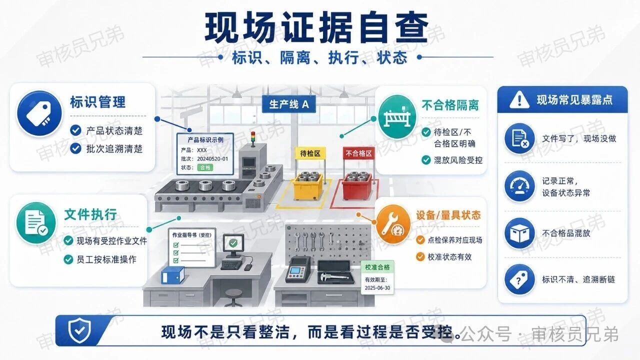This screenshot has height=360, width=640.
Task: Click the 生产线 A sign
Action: [289, 104]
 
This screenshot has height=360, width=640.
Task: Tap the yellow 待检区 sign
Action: [310, 153]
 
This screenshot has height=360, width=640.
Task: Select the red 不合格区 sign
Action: [358, 153]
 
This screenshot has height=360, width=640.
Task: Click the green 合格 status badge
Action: [205, 167]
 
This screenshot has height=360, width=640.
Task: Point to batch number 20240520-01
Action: [212, 159]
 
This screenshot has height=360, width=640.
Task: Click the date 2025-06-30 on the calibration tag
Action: [377, 288]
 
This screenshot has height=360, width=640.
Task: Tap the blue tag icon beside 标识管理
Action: [39, 113]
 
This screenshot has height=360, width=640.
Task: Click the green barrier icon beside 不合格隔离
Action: [397, 117]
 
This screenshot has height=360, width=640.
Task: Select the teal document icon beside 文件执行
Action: [35, 223]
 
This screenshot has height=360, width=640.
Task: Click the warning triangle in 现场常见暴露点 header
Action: [519, 99]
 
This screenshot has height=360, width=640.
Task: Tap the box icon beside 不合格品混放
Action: [519, 233]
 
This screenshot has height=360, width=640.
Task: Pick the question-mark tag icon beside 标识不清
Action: [519, 279]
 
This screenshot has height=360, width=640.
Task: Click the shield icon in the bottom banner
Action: [79, 330]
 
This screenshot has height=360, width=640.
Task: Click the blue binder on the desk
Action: [173, 275]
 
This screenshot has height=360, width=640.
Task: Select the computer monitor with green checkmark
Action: [233, 246]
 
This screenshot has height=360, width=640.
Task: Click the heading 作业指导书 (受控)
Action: [191, 235]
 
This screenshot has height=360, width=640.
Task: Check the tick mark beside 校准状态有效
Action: [420, 257]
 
